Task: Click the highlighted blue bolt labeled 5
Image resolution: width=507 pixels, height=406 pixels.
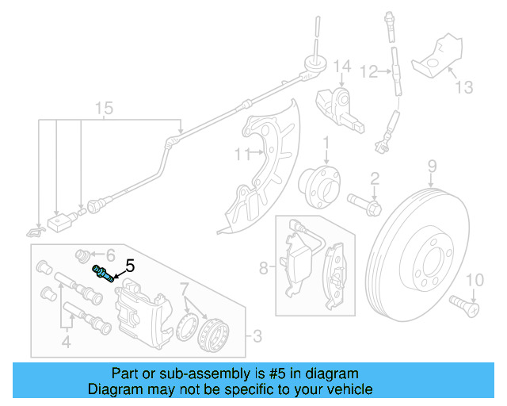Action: (x=102, y=273)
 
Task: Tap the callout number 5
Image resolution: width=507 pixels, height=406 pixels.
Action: (x=130, y=267)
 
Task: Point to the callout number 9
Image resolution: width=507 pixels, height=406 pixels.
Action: (x=433, y=166)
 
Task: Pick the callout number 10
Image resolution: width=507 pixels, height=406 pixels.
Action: (x=474, y=280)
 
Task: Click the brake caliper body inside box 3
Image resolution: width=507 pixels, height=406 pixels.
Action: (x=143, y=313)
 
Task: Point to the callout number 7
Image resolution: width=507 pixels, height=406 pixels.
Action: (x=183, y=287)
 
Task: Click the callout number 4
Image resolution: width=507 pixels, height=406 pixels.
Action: (x=67, y=343)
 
